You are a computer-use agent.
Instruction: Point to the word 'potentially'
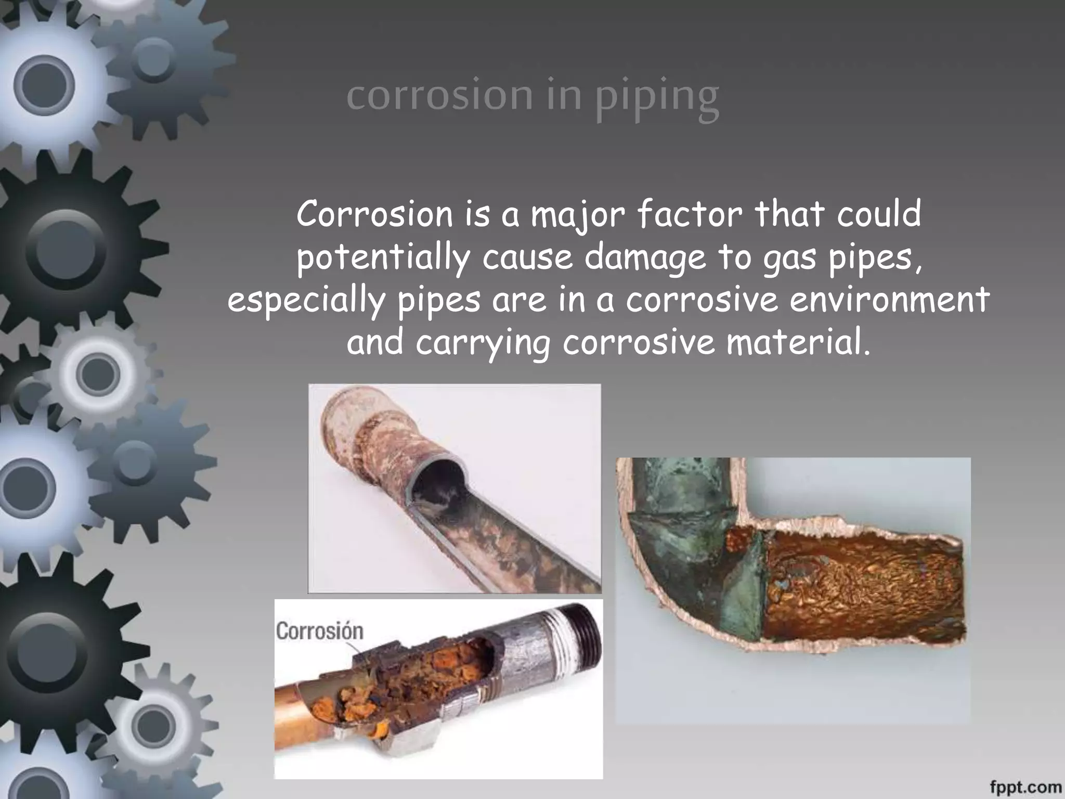pyautogui.click(x=382, y=258)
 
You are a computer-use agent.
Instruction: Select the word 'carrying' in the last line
pyautogui.click(x=483, y=344)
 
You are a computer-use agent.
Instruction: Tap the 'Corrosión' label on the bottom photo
pyautogui.click(x=319, y=631)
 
